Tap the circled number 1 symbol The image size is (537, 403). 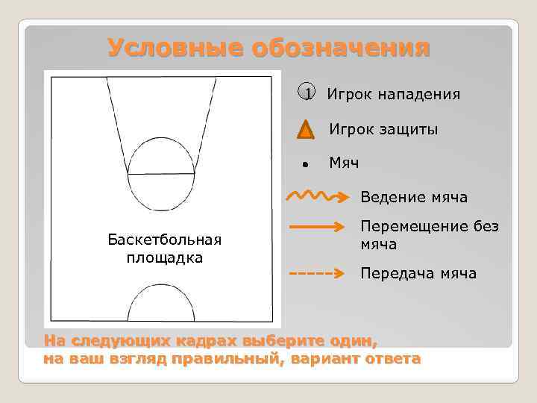click(304, 94)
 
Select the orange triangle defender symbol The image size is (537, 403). click(304, 130)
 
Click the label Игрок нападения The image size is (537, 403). click(393, 95)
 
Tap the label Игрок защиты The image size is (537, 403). click(383, 130)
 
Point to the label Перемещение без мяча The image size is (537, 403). click(429, 235)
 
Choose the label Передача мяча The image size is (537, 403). click(418, 273)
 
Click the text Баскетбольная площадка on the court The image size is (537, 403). click(165, 249)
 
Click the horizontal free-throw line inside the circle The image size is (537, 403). click(161, 174)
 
